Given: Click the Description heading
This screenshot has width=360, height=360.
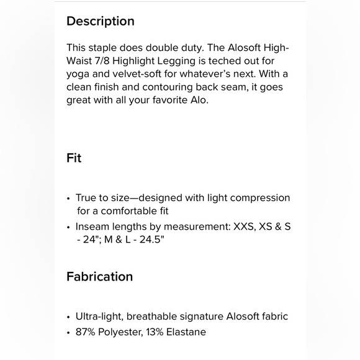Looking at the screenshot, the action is click(101, 21).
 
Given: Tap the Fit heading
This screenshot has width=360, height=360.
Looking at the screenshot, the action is click(74, 158).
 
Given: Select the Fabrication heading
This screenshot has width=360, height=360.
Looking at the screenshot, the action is click(99, 276).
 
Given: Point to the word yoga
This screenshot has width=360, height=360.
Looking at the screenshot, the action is click(79, 74).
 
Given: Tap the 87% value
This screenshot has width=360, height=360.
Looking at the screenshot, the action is click(88, 331).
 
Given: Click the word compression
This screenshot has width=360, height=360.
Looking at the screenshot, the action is click(261, 198).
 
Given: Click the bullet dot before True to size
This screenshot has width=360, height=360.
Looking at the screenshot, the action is click(69, 199).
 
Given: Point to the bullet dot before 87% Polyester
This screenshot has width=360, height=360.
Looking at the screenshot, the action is click(69, 332).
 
